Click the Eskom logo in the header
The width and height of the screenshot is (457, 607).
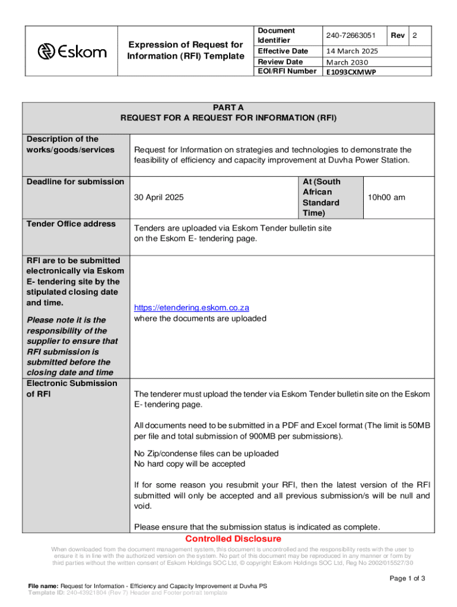[x=72, y=52]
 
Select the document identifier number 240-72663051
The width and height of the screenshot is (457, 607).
[x=351, y=36]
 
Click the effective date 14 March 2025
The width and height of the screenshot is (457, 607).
[x=352, y=52]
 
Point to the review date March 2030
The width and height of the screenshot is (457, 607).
[x=347, y=62]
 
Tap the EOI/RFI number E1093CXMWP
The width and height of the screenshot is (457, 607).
[x=351, y=72]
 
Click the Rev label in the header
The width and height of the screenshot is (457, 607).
[x=398, y=36]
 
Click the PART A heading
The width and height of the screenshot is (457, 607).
[x=228, y=107]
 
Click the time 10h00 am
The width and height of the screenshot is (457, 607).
[x=386, y=197]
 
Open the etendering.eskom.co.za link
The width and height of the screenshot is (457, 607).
[x=191, y=308]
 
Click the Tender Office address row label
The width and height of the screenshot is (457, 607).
[x=71, y=223]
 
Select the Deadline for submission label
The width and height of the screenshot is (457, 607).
[x=75, y=181]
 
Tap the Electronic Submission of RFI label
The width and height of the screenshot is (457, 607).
[x=72, y=388]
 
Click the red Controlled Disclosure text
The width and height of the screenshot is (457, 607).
[x=233, y=539]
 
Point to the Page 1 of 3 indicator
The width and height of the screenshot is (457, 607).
[x=407, y=579]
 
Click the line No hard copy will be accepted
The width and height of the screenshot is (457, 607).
[x=189, y=464]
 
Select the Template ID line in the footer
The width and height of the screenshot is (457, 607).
[x=128, y=592]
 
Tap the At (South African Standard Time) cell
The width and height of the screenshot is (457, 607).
[x=321, y=197]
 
